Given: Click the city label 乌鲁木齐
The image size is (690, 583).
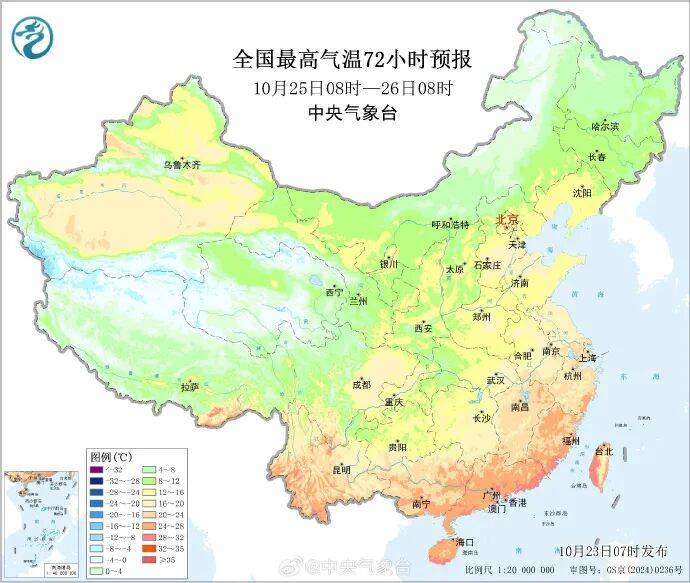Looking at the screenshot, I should click(182, 163).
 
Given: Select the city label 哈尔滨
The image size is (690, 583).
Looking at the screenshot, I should click(605, 127).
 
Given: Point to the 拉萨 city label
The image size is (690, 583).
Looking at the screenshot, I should click(189, 386).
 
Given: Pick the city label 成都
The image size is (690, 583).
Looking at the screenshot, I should click(360, 384).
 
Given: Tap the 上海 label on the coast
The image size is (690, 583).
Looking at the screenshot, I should click(586, 357).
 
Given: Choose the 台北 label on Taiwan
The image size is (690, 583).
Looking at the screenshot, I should click(604, 451).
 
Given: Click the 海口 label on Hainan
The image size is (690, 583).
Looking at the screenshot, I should click(463, 541).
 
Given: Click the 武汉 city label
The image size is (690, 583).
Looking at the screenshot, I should click(496, 380).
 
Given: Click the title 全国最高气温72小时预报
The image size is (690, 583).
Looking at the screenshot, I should click(352, 59).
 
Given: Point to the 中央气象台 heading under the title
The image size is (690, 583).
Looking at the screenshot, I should click(352, 113).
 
